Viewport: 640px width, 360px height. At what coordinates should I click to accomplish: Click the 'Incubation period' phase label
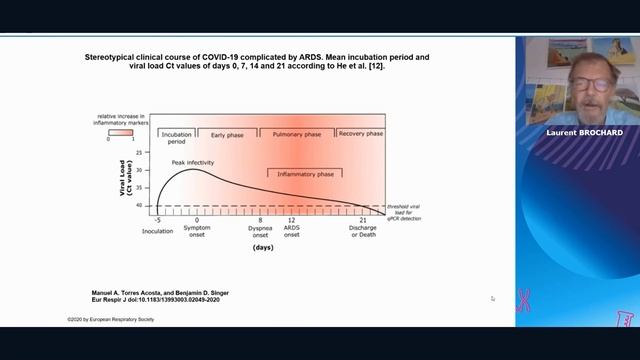(x=176, y=137)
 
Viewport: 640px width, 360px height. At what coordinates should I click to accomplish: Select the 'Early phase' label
(x=226, y=134)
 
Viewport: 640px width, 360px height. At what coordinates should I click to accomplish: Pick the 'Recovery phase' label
(x=360, y=134)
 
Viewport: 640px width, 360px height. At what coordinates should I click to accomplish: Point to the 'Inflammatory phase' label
(x=305, y=174)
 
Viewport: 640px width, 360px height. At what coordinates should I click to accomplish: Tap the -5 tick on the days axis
(x=157, y=219)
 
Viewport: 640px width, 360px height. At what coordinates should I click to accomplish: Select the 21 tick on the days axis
(x=362, y=219)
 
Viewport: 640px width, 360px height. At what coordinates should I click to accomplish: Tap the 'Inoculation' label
(x=157, y=231)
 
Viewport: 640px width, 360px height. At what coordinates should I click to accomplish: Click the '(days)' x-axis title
(x=263, y=246)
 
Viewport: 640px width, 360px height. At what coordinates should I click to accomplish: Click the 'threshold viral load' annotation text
(x=403, y=209)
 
